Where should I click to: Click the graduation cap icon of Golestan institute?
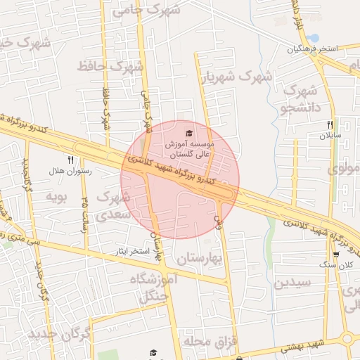[x=188, y=133]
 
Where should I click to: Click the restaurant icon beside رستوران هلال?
[x=70, y=160]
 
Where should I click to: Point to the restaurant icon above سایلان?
[x=329, y=125]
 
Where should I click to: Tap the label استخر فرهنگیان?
[x=311, y=49]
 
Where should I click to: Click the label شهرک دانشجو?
[x=300, y=99]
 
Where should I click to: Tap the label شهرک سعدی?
[x=110, y=206]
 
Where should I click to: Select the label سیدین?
[x=292, y=283]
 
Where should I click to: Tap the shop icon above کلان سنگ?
[x=336, y=255]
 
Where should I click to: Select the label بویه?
[x=56, y=195]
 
